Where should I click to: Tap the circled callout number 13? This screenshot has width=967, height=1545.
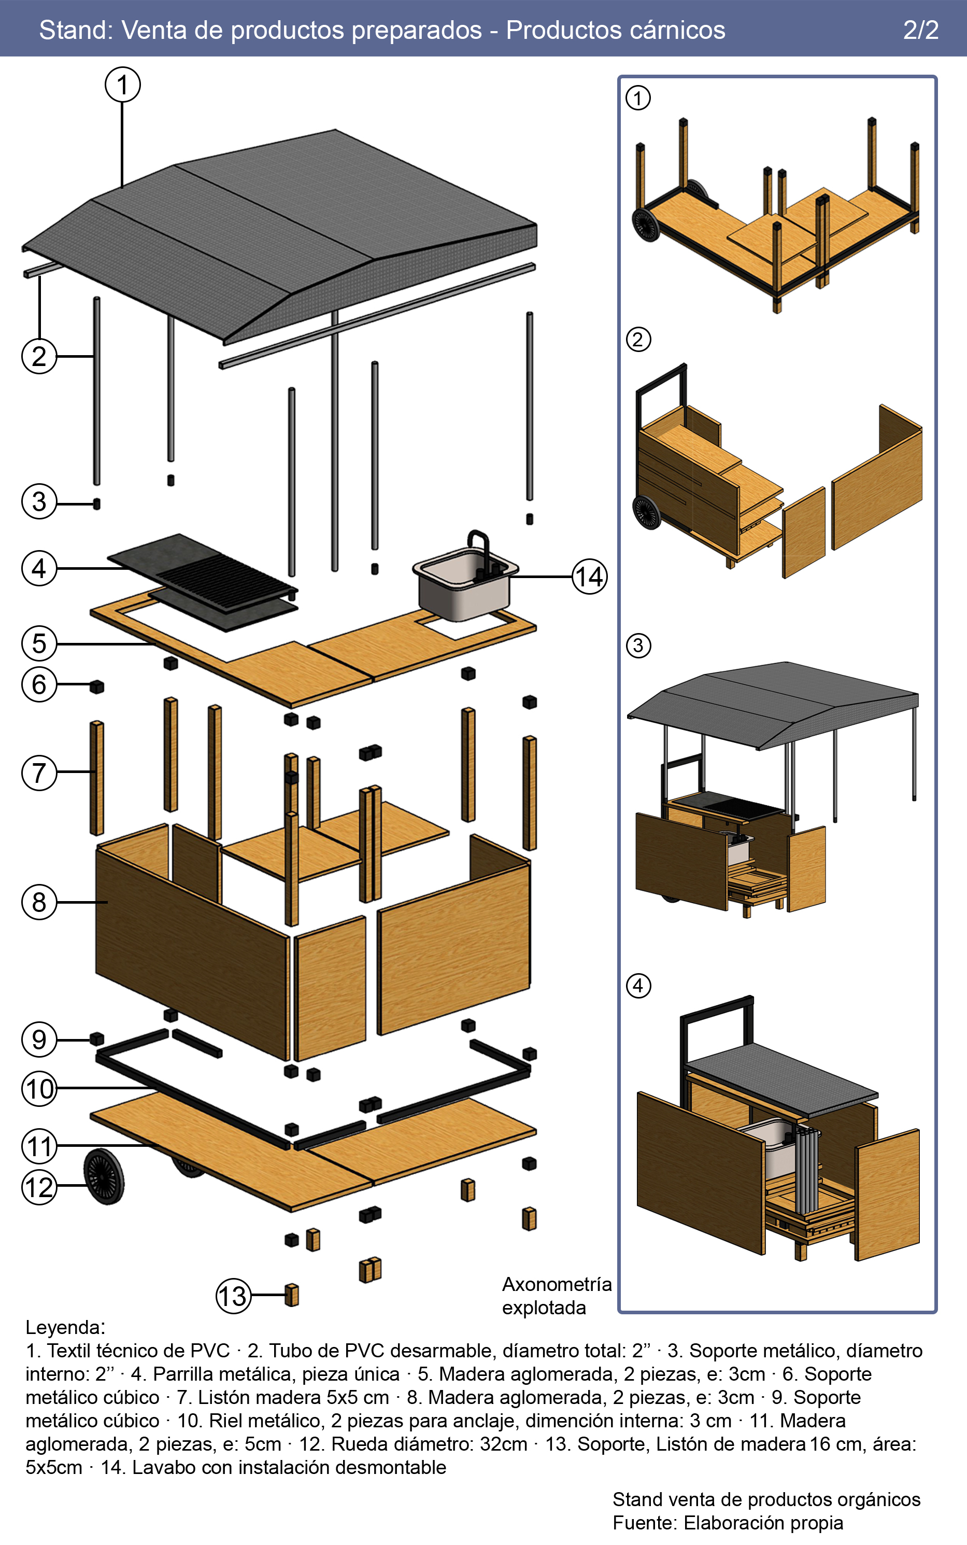tap(233, 1296)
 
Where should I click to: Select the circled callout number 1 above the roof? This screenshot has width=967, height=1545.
tap(123, 85)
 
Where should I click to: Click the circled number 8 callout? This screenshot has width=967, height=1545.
tap(39, 902)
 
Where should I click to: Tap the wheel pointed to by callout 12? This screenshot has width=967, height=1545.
tap(104, 1176)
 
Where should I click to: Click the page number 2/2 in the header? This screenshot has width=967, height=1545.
tap(920, 30)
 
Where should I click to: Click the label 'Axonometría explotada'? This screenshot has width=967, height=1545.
tap(557, 1296)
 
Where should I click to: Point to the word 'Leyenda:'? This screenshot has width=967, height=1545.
tap(65, 1327)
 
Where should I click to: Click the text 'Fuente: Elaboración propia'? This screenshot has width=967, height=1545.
tap(727, 1523)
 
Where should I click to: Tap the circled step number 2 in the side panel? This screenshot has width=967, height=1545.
tap(637, 339)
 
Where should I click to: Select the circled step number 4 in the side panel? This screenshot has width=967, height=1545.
tap(637, 985)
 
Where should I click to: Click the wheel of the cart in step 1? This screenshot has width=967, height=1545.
tap(646, 225)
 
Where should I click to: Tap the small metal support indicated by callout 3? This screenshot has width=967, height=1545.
tap(96, 504)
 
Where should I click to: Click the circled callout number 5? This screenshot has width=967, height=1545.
tap(39, 643)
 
